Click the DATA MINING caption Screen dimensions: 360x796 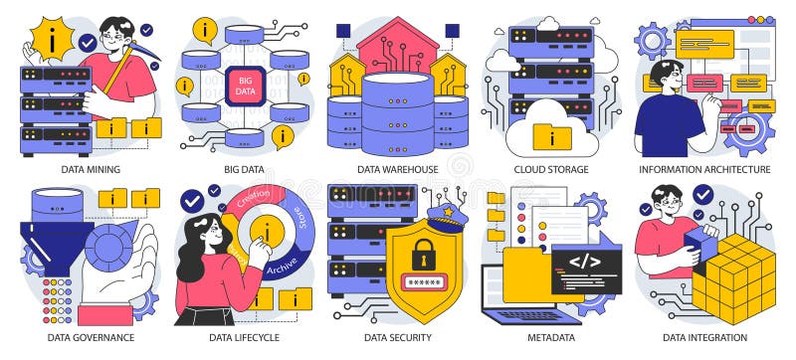(x=91, y=169)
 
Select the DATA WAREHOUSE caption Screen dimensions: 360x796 (x=398, y=169)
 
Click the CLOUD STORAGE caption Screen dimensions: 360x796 (x=550, y=169)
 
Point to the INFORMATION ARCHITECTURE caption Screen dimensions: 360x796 (x=704, y=169)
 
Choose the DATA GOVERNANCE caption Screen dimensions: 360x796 (x=91, y=337)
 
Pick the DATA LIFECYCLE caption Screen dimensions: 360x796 (x=244, y=337)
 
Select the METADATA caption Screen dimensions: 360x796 (x=550, y=337)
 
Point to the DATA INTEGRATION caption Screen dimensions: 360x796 (x=704, y=337)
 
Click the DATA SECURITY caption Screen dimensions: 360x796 (x=398, y=337)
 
